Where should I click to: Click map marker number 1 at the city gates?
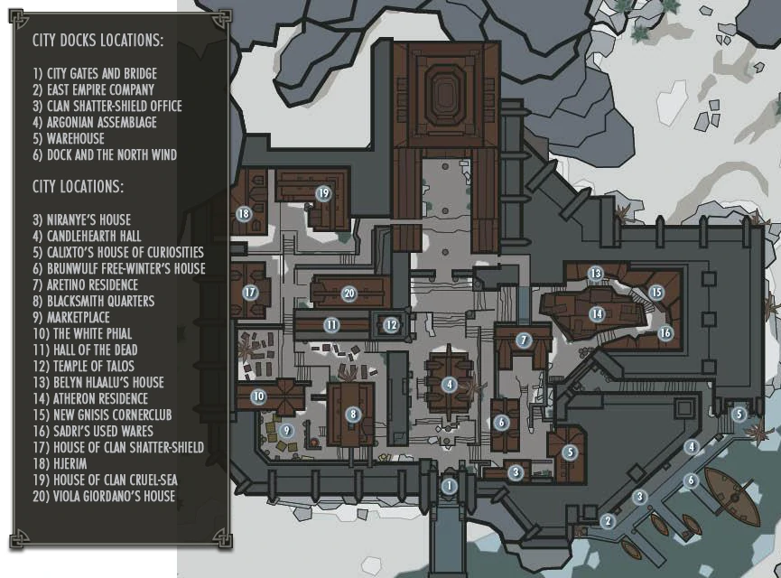450,486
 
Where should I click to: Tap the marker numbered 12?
392,325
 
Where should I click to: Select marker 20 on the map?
349,294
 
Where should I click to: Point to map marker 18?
244,214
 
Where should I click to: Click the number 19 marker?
323,193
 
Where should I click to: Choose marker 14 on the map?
597,314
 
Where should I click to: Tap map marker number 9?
286,431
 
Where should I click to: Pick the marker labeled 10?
258,396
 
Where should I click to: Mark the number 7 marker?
524,340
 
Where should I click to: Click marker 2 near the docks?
608,521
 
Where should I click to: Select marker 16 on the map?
665,332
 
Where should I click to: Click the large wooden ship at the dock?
732,496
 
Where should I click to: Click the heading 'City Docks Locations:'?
98,40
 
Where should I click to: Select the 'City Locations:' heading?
79,186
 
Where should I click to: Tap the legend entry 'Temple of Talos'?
84,367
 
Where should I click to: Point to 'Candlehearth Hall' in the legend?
88,237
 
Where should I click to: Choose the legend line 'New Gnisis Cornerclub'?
102,415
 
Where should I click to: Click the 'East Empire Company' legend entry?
94,90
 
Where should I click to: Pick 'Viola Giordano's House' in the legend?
104,497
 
